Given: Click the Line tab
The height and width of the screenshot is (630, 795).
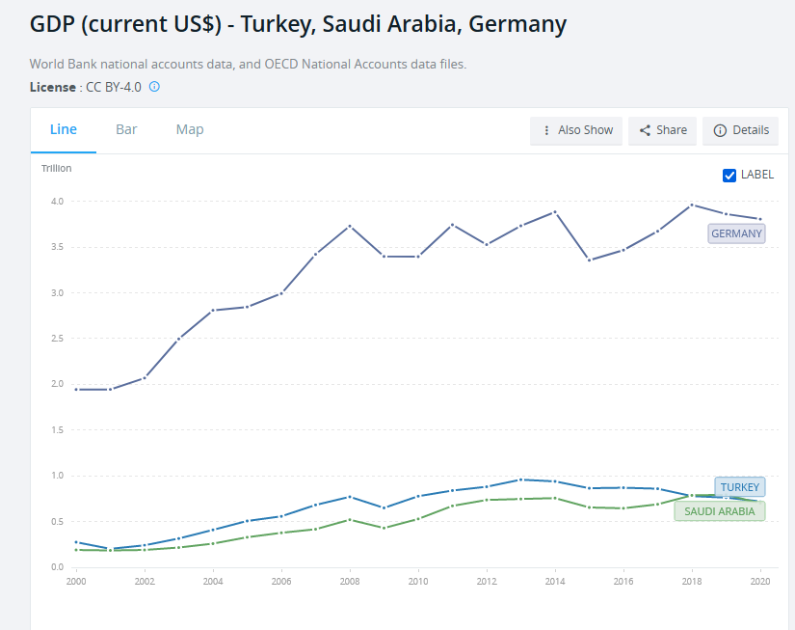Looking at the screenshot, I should tap(64, 129).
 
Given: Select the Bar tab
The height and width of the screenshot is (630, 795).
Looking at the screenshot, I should tap(126, 129).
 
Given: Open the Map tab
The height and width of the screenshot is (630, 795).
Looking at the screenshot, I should tap(190, 129).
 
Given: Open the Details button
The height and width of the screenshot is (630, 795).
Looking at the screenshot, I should tap(741, 130).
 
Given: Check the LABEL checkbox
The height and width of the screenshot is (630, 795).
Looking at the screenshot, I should tap(729, 175).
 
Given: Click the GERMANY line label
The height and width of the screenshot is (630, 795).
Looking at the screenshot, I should tap(736, 233).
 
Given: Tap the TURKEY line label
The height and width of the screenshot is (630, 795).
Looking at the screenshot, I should tap(739, 487).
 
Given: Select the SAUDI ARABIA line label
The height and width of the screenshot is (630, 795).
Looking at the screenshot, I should tap(719, 510).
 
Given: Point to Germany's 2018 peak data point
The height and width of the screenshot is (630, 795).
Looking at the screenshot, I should tap(691, 205).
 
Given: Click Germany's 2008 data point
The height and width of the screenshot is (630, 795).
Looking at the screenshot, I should tap(350, 226).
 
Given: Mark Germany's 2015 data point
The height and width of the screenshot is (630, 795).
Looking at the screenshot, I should tap(589, 260).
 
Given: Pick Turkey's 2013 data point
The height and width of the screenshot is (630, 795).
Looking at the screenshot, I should tap(520, 479).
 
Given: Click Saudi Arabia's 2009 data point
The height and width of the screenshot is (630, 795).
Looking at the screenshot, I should tap(384, 528).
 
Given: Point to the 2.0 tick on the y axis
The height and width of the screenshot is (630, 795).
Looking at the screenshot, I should tap(57, 384).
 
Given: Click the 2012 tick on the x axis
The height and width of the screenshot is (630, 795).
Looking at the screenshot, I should tap(486, 582).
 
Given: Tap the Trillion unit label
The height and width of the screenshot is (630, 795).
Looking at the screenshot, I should tap(56, 169).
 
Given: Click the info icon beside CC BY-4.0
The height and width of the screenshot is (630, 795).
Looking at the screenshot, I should tap(154, 87).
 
